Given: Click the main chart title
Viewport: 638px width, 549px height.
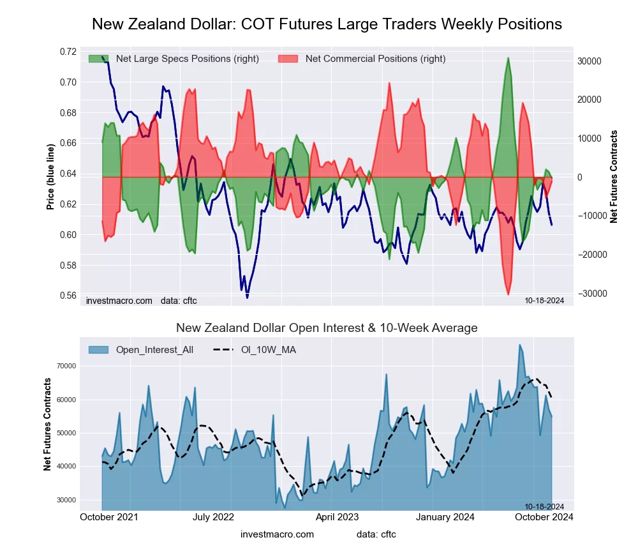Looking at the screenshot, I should click(x=327, y=24).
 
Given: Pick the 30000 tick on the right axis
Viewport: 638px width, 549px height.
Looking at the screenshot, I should click(x=590, y=61).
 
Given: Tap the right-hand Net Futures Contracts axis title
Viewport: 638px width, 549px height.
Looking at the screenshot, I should click(x=614, y=176).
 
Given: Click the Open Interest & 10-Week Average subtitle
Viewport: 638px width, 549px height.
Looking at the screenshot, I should click(x=327, y=328).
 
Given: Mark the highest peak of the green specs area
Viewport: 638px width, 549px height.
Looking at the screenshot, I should click(x=508, y=58).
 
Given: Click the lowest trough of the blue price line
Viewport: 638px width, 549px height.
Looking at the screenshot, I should click(x=247, y=297).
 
